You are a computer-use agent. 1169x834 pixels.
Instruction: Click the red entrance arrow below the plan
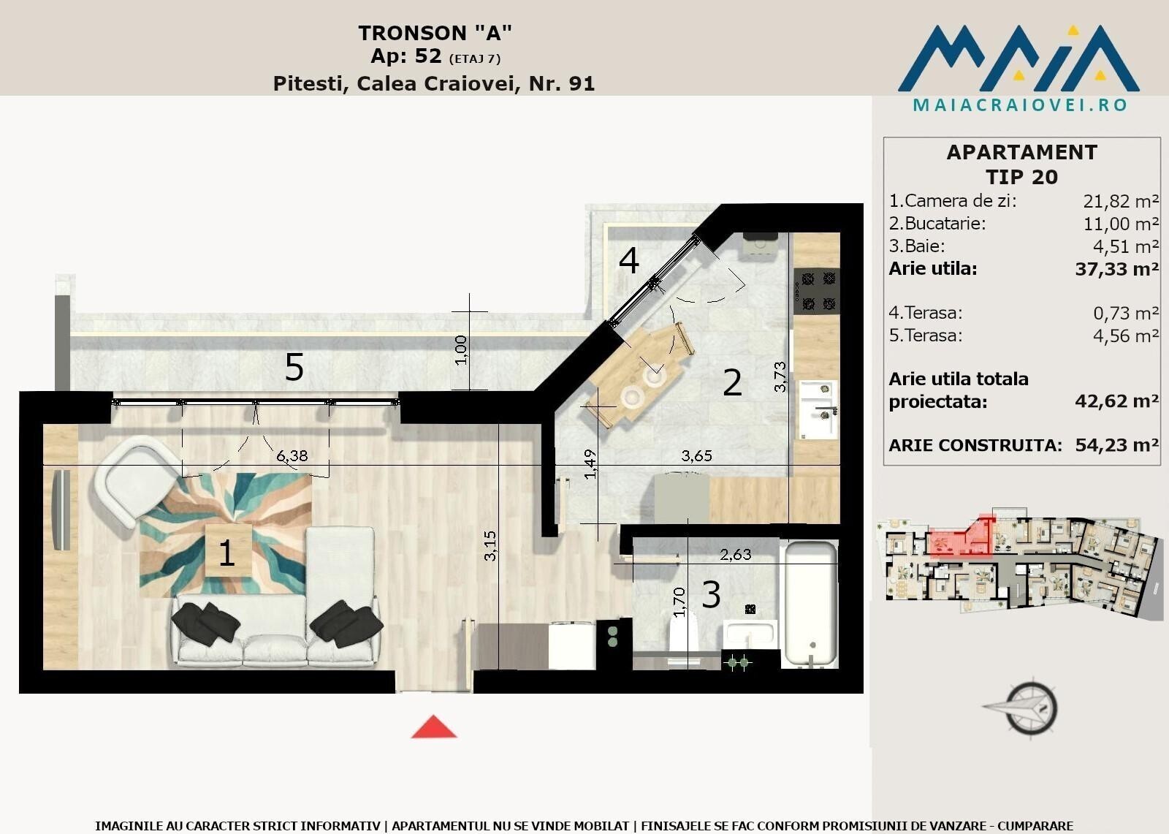434,727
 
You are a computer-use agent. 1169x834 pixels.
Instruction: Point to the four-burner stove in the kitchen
818,291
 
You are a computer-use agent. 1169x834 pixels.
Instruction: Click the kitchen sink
818,410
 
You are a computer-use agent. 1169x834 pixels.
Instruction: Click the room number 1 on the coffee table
226,553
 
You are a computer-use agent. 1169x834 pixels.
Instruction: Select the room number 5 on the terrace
294,367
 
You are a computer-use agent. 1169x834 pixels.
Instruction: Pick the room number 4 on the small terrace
628,260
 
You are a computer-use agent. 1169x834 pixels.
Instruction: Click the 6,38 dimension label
292,456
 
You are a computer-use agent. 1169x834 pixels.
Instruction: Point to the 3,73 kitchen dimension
780,376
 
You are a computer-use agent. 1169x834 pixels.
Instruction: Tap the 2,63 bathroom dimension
735,554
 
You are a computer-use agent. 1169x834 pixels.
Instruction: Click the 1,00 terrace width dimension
461,350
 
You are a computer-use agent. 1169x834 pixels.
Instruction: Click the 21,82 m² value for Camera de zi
1121,201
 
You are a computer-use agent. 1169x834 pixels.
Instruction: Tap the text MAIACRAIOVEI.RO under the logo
1020,105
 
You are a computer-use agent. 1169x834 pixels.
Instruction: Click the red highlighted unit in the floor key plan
961,537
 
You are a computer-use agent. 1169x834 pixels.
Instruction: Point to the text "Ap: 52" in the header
406,56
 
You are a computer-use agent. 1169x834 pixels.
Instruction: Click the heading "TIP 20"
1021,177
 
